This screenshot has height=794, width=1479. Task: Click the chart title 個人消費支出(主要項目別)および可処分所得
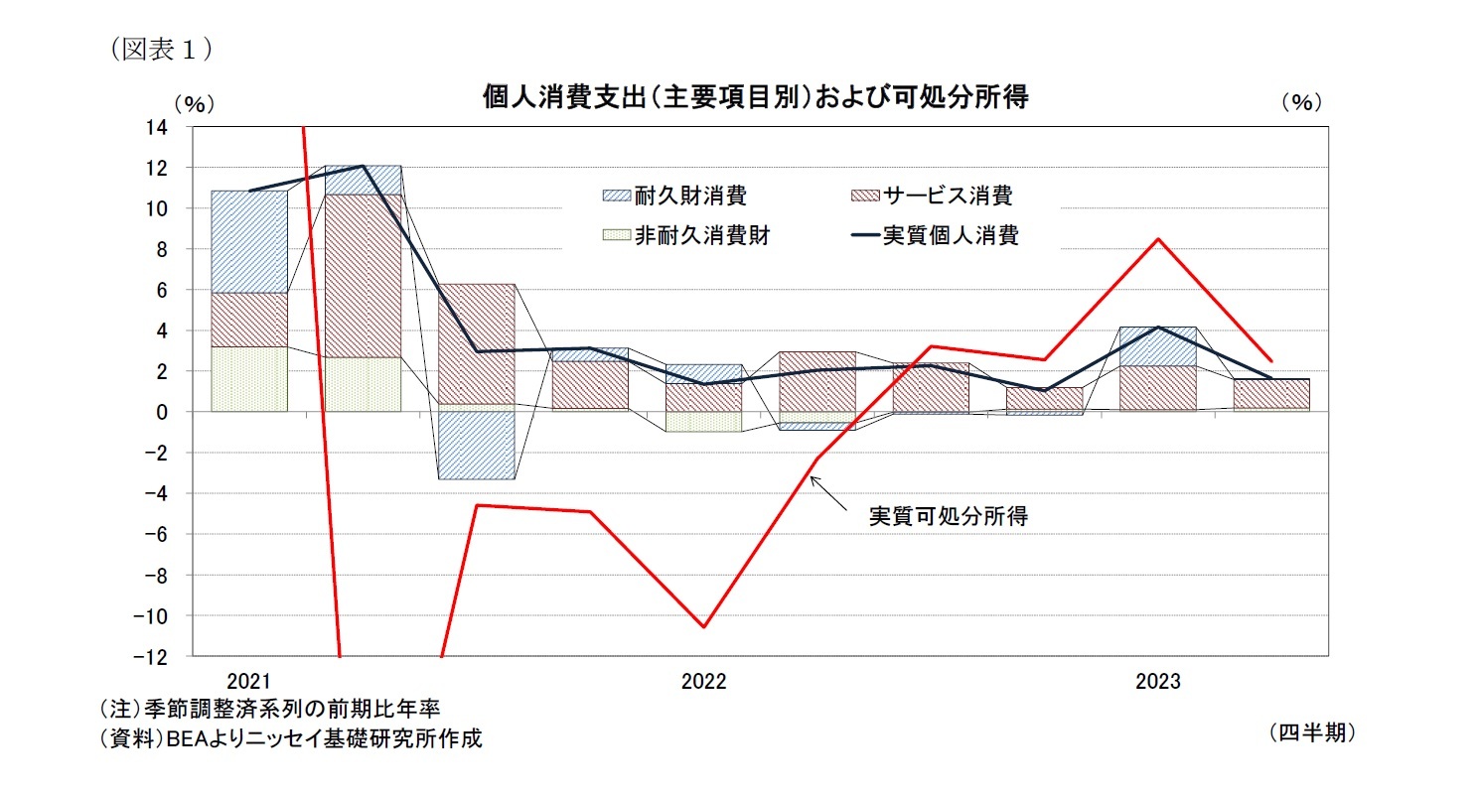pos(755,98)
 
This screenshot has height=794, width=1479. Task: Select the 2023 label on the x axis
pos(1157,682)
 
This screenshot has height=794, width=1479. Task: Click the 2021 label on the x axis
pos(248,682)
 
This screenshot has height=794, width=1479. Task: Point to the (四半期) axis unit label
pos(1311,732)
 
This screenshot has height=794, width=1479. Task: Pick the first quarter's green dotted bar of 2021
pos(249,378)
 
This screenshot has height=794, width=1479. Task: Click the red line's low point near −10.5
pos(703,626)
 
